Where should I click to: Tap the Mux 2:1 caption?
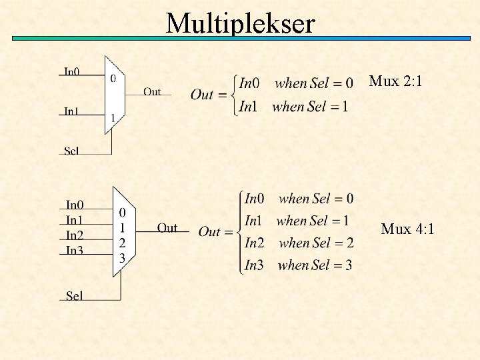point(395,82)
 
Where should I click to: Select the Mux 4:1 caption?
point(407,229)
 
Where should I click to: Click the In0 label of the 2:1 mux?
point(72,71)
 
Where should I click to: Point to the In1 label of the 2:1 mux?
point(72,111)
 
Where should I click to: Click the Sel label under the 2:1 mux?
point(72,151)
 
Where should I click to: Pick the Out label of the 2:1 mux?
point(152,92)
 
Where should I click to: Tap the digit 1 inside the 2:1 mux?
point(113,119)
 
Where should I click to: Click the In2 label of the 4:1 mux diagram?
point(75,235)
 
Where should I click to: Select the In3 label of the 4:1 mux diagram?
point(75,251)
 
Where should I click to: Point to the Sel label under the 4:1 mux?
point(75,295)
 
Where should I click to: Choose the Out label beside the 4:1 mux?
point(167,228)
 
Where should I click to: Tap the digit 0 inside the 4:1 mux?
point(122,213)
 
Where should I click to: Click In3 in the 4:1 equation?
point(254,265)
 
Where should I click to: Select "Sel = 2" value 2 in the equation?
point(349,243)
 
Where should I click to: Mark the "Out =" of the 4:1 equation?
point(219,232)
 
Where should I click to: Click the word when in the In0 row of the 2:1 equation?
point(290,83)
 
